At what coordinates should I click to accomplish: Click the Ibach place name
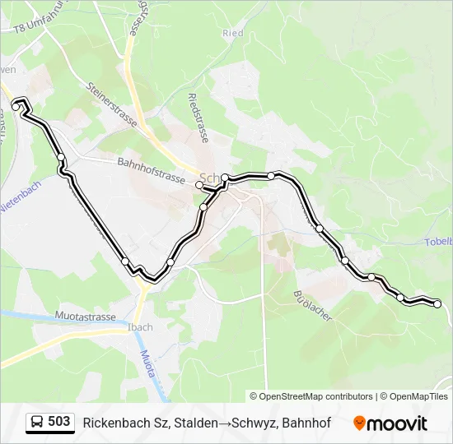pos(140,327)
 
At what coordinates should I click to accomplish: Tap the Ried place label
pos(233,34)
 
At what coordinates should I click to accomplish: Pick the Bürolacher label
pos(311,307)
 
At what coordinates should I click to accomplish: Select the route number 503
pos(59,422)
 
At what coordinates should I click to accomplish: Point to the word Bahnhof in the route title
pos(306,423)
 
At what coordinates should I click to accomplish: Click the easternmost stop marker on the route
pos(437,304)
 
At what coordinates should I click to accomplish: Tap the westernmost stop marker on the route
pos(16,107)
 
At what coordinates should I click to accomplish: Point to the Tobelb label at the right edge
pos(439,242)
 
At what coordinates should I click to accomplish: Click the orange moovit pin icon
pos(360,423)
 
